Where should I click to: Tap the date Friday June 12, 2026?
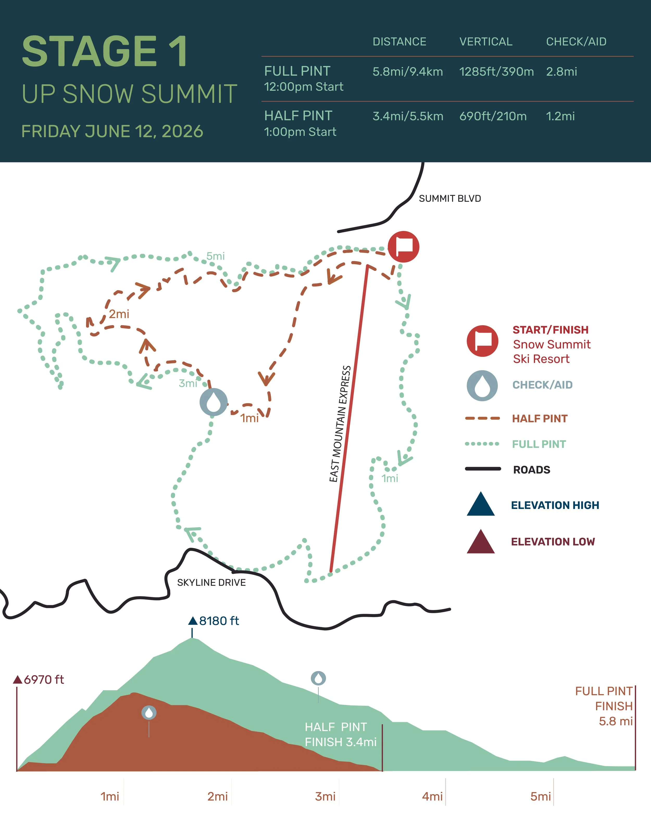coord(112,131)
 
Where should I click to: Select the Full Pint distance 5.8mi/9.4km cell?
coord(408,72)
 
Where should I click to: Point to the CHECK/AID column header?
coord(576,41)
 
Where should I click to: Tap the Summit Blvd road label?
coord(450,198)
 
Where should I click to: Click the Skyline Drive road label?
coord(211,582)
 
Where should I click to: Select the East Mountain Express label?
coord(340,424)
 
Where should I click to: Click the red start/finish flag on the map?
coord(403,246)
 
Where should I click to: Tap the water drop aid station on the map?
coord(214,402)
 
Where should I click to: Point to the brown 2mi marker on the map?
coord(119,314)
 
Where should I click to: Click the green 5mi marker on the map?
coord(216,256)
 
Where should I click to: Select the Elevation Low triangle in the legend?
coord(480,542)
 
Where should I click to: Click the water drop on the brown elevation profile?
coord(149,712)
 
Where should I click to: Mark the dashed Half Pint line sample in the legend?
coord(482,418)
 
